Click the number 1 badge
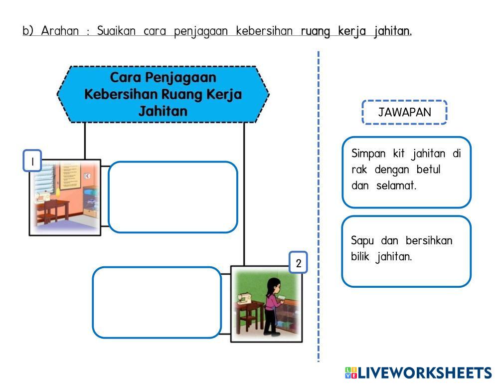[32, 162]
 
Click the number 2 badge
[298, 263]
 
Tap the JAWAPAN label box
[404, 112]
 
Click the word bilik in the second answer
[360, 257]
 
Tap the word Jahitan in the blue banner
[163, 111]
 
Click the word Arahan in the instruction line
[60, 31]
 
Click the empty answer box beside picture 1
[172, 197]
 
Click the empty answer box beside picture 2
[157, 302]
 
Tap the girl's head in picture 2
[273, 285]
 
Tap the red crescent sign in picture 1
[88, 176]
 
